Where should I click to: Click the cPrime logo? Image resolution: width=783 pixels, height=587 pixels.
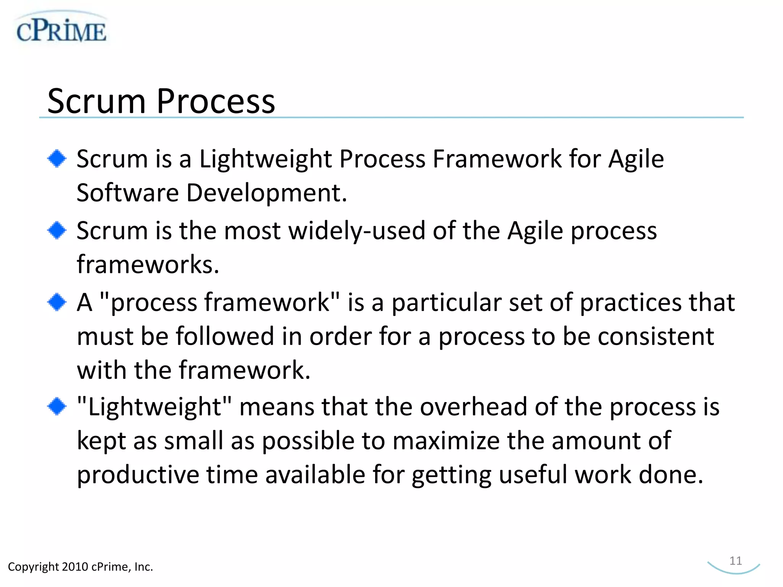pyautogui.click(x=61, y=30)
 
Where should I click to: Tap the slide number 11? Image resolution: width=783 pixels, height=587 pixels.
pyautogui.click(x=735, y=561)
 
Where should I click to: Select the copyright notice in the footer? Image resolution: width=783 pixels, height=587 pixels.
pyautogui.click(x=80, y=566)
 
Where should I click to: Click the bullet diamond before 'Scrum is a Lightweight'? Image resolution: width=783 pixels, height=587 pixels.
pyautogui.click(x=57, y=158)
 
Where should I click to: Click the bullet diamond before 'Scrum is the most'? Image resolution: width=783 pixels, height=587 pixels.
pyautogui.click(x=57, y=230)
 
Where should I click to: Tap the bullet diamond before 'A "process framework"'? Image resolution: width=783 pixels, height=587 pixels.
pyautogui.click(x=57, y=302)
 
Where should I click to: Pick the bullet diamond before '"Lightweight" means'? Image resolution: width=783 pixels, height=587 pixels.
pyautogui.click(x=57, y=406)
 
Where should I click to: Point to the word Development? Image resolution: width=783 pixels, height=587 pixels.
pyautogui.click(x=266, y=193)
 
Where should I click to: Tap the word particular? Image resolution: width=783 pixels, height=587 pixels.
pyautogui.click(x=446, y=303)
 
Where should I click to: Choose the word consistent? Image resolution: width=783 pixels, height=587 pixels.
pyautogui.click(x=656, y=337)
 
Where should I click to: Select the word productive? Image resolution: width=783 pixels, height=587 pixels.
pyautogui.click(x=138, y=475)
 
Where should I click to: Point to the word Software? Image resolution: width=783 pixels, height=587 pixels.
pyautogui.click(x=127, y=193)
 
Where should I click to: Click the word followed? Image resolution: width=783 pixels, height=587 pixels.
pyautogui.click(x=225, y=337)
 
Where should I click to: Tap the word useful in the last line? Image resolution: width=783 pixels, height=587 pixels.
pyautogui.click(x=533, y=475)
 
